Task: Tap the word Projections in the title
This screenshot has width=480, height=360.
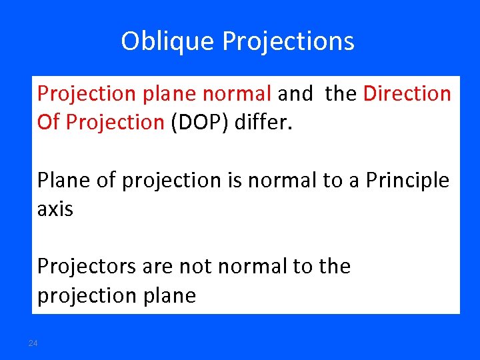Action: coord(288,42)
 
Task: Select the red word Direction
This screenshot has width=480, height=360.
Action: coord(407,94)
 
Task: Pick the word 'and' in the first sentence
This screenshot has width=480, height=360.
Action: coord(295,94)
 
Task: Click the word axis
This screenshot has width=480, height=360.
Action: coord(55,209)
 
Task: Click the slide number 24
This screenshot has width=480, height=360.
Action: coord(33,343)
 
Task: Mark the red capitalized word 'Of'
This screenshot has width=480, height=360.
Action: coord(49,123)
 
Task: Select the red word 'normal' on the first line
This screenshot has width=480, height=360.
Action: coord(237,94)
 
